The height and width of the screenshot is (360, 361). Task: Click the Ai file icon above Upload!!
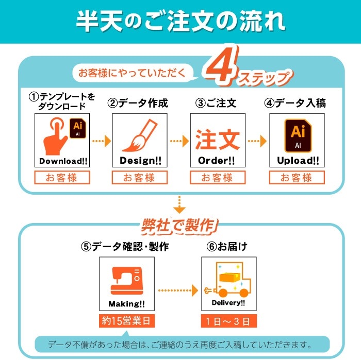click(x=298, y=135)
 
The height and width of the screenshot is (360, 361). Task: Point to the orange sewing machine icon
click(x=126, y=280)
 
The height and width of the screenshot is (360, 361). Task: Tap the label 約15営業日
click(x=127, y=322)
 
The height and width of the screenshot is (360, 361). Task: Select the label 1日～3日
click(x=228, y=322)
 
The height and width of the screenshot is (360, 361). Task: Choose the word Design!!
click(x=140, y=161)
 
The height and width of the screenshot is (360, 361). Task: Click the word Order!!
click(x=217, y=161)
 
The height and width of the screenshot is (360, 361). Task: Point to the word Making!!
click(x=127, y=303)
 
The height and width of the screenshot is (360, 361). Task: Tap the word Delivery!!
click(x=228, y=303)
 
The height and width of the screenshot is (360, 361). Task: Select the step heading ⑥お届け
click(x=226, y=246)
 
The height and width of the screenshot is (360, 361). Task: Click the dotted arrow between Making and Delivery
click(x=177, y=290)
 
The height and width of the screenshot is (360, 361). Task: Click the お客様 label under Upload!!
click(x=297, y=178)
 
